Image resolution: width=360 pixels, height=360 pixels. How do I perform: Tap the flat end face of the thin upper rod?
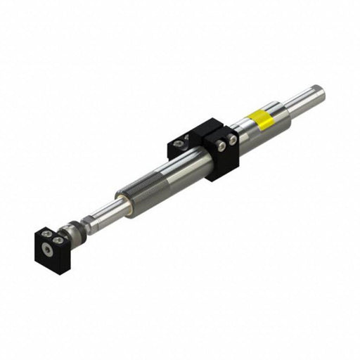(x=320, y=90)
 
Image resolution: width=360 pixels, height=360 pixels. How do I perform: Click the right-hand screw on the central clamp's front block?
(x=233, y=141)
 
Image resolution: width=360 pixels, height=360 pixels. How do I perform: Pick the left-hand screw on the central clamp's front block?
(x=221, y=144)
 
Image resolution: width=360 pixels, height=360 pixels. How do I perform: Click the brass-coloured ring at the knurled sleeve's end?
(x=126, y=206)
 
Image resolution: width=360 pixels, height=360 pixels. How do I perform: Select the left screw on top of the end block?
(x=45, y=233)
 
